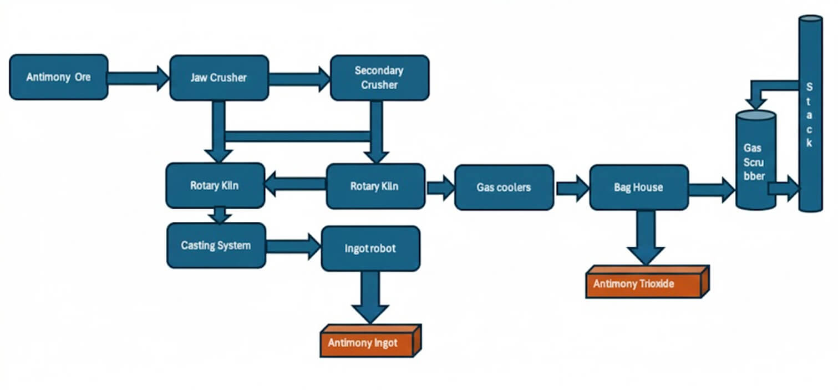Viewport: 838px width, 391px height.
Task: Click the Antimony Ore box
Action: point(58,77)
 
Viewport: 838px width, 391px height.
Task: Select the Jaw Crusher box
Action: point(219,78)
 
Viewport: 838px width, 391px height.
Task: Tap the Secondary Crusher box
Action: point(379,78)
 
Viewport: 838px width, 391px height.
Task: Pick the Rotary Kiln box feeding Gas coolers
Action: point(375,186)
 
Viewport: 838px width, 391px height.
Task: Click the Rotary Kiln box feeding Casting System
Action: point(215,185)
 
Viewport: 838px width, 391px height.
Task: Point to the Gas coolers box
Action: point(504,187)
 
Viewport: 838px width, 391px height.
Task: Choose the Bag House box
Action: point(638,187)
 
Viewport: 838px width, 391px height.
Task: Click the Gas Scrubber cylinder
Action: point(755,161)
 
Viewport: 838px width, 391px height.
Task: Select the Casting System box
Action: point(216,245)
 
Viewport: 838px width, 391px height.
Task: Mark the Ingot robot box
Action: point(370,248)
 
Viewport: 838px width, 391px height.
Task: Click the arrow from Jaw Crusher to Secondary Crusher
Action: point(299,78)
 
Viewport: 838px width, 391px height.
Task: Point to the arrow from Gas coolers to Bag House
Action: point(571,188)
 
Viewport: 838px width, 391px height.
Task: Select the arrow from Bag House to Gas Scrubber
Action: point(711,189)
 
